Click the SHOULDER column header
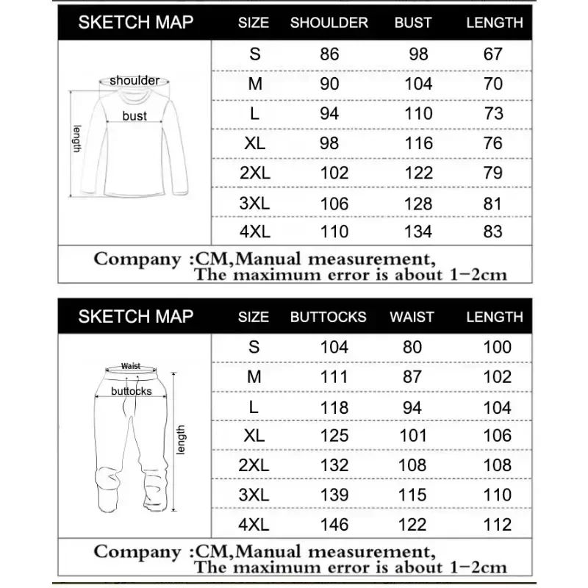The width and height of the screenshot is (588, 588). pyautogui.click(x=329, y=23)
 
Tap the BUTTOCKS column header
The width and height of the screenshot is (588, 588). pyautogui.click(x=328, y=317)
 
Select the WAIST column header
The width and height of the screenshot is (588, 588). pyautogui.click(x=412, y=317)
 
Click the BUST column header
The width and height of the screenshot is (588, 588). pyautogui.click(x=413, y=23)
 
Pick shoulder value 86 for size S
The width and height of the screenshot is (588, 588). pyautogui.click(x=329, y=54)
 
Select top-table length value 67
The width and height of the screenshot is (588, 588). pyautogui.click(x=494, y=54)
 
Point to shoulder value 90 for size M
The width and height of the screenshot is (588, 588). pyautogui.click(x=329, y=84)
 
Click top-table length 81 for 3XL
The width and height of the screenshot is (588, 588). pyautogui.click(x=494, y=202)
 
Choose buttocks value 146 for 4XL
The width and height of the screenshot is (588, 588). pyautogui.click(x=334, y=524)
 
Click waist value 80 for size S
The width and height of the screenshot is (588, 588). pyautogui.click(x=412, y=346)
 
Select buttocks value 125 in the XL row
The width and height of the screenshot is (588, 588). pyautogui.click(x=334, y=435)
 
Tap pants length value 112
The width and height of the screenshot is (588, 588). pyautogui.click(x=498, y=524)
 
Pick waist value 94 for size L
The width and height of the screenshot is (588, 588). pyautogui.click(x=412, y=406)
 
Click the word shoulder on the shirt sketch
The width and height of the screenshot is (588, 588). pyautogui.click(x=135, y=80)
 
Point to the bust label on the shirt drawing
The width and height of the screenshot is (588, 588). pyautogui.click(x=135, y=115)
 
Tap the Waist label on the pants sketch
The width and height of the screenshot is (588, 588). pyautogui.click(x=131, y=365)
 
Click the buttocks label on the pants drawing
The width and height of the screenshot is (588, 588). pyautogui.click(x=132, y=391)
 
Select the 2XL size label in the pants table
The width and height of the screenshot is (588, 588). pyautogui.click(x=254, y=465)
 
